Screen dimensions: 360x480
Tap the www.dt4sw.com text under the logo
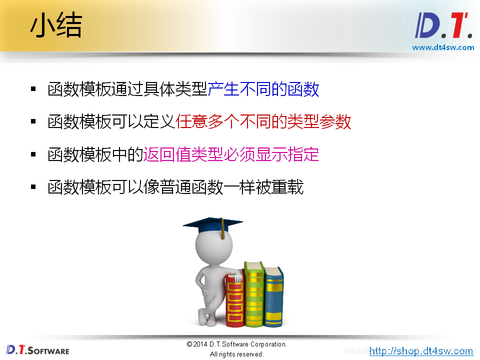pos(443,47)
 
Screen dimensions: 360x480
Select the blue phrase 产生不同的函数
pos(263,89)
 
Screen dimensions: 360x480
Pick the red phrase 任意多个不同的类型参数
pos(263,121)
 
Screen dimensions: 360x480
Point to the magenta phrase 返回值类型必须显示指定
pos(231,154)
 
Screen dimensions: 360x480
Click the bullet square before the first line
pos(33,89)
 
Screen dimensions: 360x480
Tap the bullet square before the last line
pos(33,187)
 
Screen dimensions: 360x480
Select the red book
pos(234,300)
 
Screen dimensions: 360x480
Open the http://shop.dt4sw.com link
pos(421,351)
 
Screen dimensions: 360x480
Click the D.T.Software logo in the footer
pos(38,349)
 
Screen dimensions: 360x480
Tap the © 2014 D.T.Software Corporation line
pos(236,344)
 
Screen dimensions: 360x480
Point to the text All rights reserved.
pos(236,354)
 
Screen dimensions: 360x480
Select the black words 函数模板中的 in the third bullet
pos(95,154)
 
